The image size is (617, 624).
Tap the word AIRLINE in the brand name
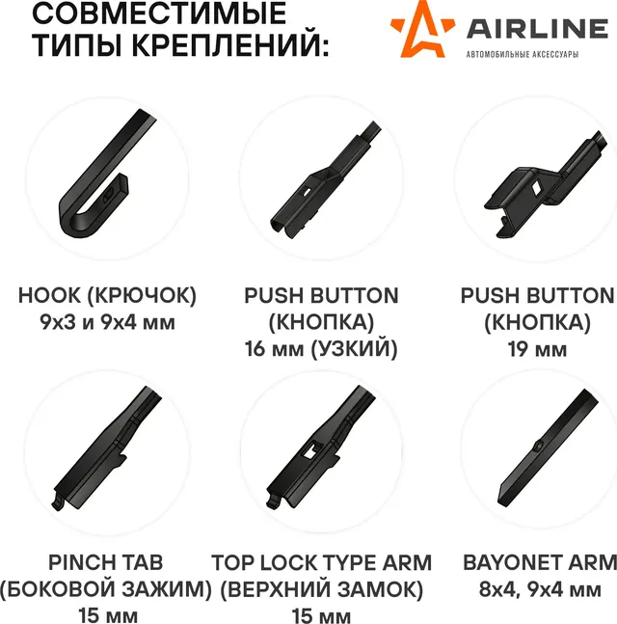click(x=537, y=29)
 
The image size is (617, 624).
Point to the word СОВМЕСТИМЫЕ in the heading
click(x=159, y=14)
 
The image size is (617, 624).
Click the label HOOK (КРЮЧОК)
click(x=107, y=296)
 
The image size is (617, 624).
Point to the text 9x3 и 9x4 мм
click(x=107, y=322)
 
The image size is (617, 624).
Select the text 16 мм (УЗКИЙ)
click(x=321, y=349)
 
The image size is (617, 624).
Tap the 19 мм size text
click(x=537, y=349)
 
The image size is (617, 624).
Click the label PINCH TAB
click(x=106, y=562)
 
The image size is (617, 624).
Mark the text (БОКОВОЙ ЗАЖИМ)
click(x=106, y=589)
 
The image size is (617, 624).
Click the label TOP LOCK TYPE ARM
click(x=321, y=562)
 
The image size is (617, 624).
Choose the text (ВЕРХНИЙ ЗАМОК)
click(x=321, y=589)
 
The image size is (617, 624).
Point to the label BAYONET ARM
click(x=540, y=562)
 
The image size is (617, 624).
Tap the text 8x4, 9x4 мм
click(x=540, y=589)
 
